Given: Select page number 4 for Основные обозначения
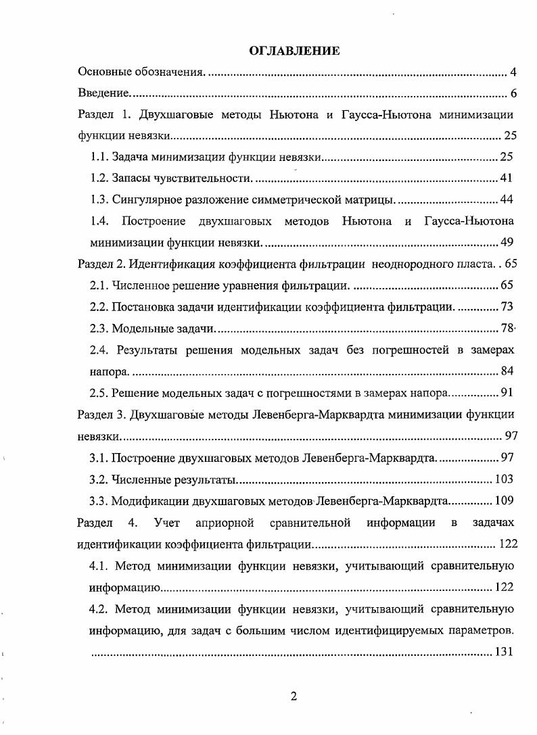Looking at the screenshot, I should (x=514, y=72).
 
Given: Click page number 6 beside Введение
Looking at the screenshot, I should (x=514, y=93).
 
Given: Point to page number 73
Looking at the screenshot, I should (x=507, y=307).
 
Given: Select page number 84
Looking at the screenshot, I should (x=507, y=371).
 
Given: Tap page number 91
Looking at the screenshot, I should (x=507, y=393).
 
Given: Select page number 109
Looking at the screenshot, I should (x=504, y=501).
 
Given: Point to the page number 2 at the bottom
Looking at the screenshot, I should (x=294, y=697).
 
